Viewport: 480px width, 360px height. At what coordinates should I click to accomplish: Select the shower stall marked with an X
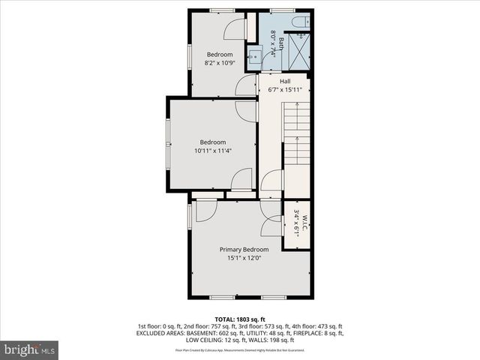[298, 53]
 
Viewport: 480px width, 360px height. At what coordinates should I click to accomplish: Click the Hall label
[285, 81]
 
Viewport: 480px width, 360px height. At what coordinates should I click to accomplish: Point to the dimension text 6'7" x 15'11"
[285, 90]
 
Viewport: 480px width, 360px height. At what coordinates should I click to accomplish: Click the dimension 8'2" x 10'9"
[220, 63]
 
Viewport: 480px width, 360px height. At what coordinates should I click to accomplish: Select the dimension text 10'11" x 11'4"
[213, 151]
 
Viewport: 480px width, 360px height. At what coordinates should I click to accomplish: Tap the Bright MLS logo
[29, 349]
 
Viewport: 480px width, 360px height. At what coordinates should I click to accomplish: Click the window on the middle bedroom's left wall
[167, 145]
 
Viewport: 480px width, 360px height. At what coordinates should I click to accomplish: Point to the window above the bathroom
[281, 10]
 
